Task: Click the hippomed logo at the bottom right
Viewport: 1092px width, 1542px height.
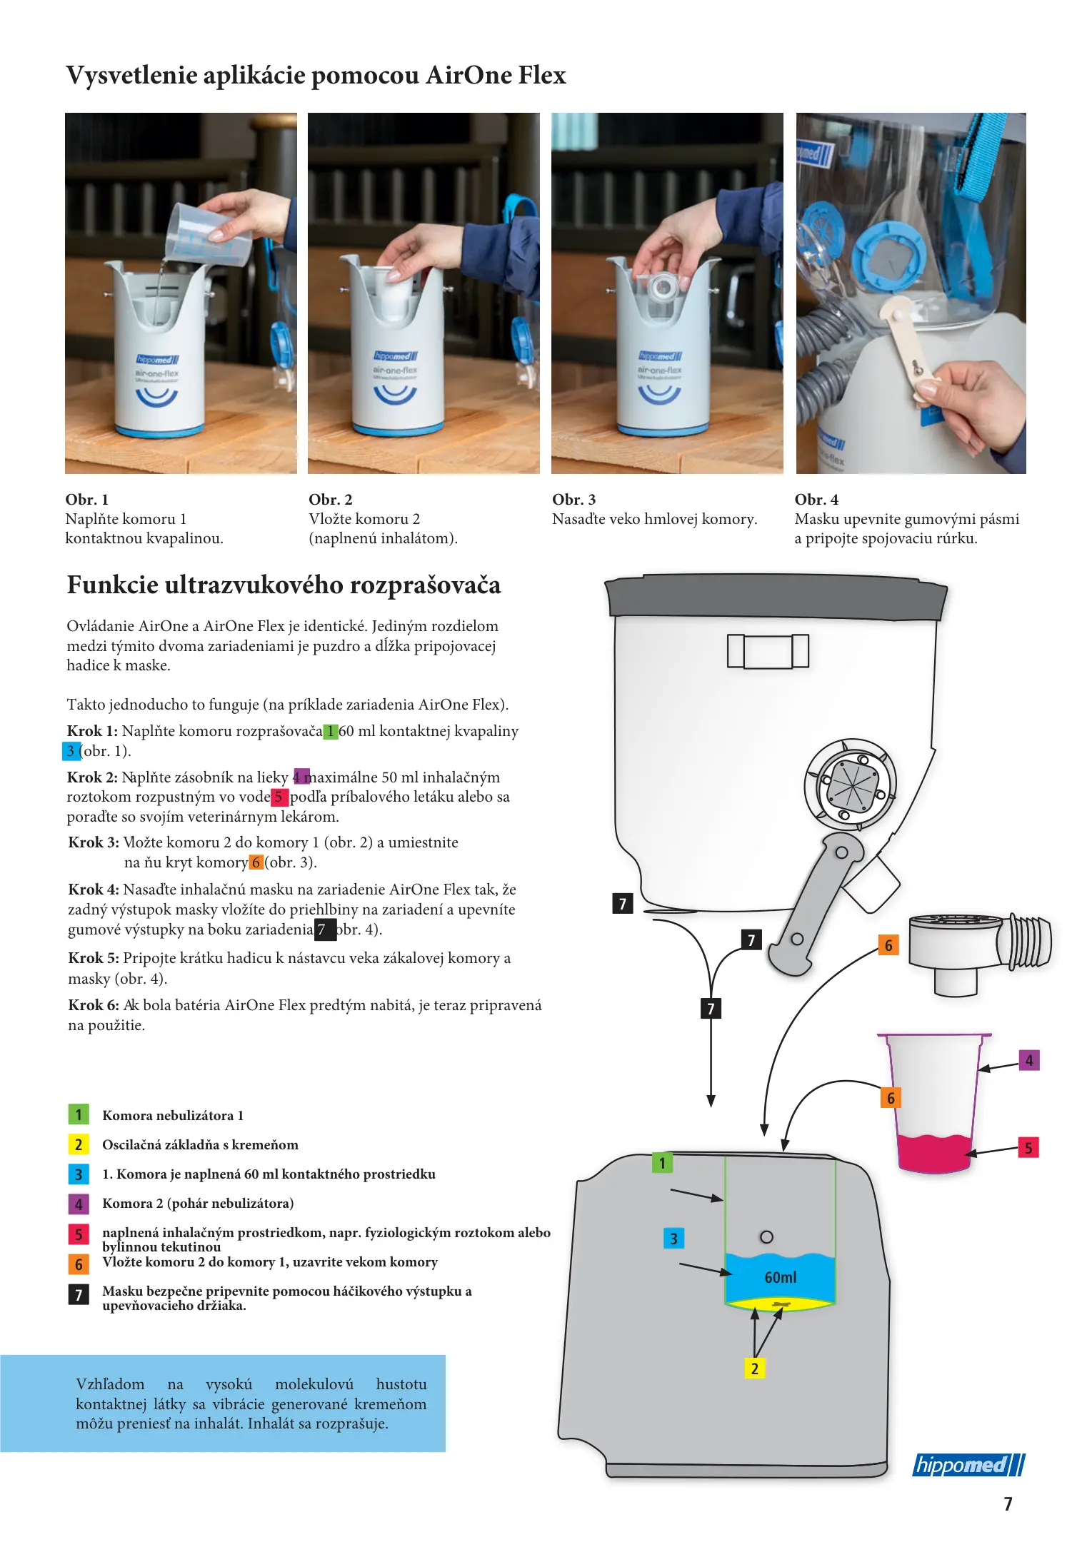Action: [x=968, y=1465]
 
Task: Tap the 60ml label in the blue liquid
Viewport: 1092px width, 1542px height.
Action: [x=780, y=1277]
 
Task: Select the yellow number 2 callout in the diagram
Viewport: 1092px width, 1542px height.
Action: [x=754, y=1368]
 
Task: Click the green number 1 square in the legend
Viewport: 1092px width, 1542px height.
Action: [x=79, y=1114]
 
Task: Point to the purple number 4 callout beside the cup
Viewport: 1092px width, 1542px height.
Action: [x=1028, y=1060]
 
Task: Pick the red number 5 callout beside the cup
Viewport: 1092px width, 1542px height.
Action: [x=1028, y=1148]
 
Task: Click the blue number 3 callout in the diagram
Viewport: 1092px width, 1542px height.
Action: [x=673, y=1238]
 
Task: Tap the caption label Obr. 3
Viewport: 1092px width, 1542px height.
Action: [x=573, y=500]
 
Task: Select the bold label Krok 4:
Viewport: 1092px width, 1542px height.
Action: [x=94, y=890]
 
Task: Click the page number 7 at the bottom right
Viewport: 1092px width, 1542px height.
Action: [x=1008, y=1504]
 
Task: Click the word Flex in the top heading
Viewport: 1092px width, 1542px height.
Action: [x=542, y=75]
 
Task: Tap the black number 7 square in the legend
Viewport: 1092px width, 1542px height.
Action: [x=79, y=1294]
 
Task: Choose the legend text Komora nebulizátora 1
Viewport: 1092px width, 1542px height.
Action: [x=173, y=1115]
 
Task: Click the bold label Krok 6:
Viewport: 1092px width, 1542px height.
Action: [x=94, y=1005]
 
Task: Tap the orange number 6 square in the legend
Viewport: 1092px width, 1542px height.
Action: [x=79, y=1264]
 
